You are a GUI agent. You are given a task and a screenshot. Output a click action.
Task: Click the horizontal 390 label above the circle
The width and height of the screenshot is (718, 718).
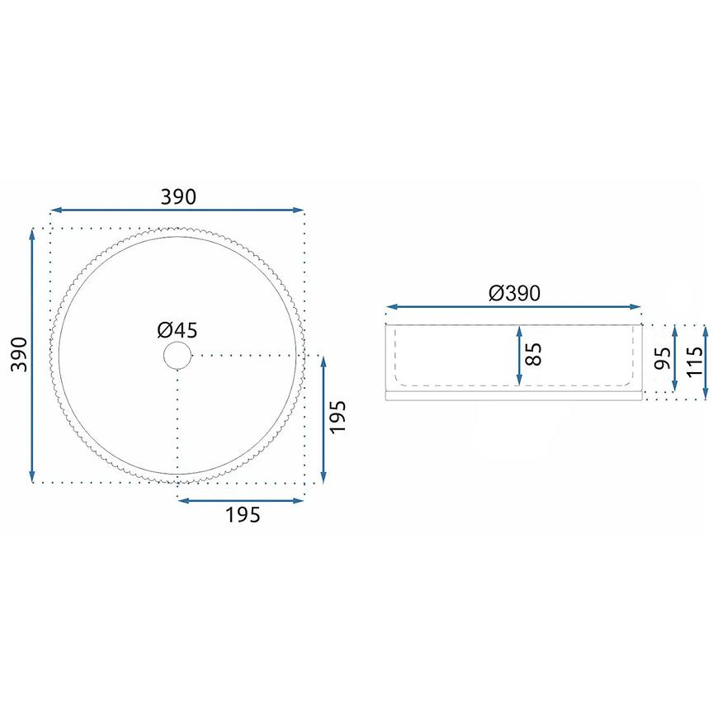point(178,197)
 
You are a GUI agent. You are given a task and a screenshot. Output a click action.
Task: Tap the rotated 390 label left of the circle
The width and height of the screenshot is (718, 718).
point(19,354)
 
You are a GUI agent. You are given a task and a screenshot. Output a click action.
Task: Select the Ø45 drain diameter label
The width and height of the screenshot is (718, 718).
point(177,330)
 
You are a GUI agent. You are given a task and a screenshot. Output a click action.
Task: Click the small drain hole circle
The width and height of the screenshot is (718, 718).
point(177,356)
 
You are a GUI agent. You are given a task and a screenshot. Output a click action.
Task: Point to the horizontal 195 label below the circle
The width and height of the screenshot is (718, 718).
point(243,515)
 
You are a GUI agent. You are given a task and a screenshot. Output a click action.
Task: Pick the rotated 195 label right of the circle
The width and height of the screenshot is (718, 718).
point(338,417)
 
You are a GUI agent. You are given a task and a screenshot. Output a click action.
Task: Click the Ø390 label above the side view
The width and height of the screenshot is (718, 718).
point(514,294)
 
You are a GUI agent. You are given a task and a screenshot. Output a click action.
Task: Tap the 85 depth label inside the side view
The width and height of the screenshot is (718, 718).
point(533,354)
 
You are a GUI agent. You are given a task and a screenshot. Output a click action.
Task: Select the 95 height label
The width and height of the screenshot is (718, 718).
point(662,358)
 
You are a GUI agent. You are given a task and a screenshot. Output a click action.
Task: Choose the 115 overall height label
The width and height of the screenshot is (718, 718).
point(694,361)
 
